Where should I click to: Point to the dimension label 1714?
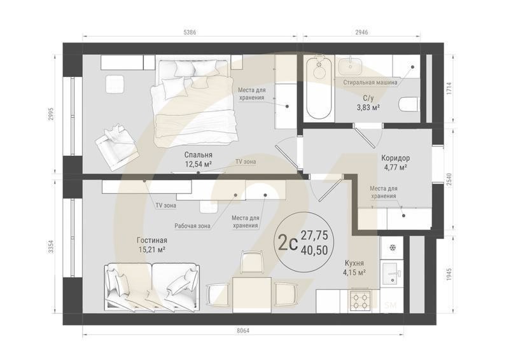pos(449,88)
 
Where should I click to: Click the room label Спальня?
pos(198,155)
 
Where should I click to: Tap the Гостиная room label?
pos(151,240)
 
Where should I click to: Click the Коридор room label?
pos(395,158)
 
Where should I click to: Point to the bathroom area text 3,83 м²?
pos(368,107)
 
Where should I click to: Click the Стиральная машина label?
pos(370,82)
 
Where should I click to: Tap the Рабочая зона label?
pos(192,225)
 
